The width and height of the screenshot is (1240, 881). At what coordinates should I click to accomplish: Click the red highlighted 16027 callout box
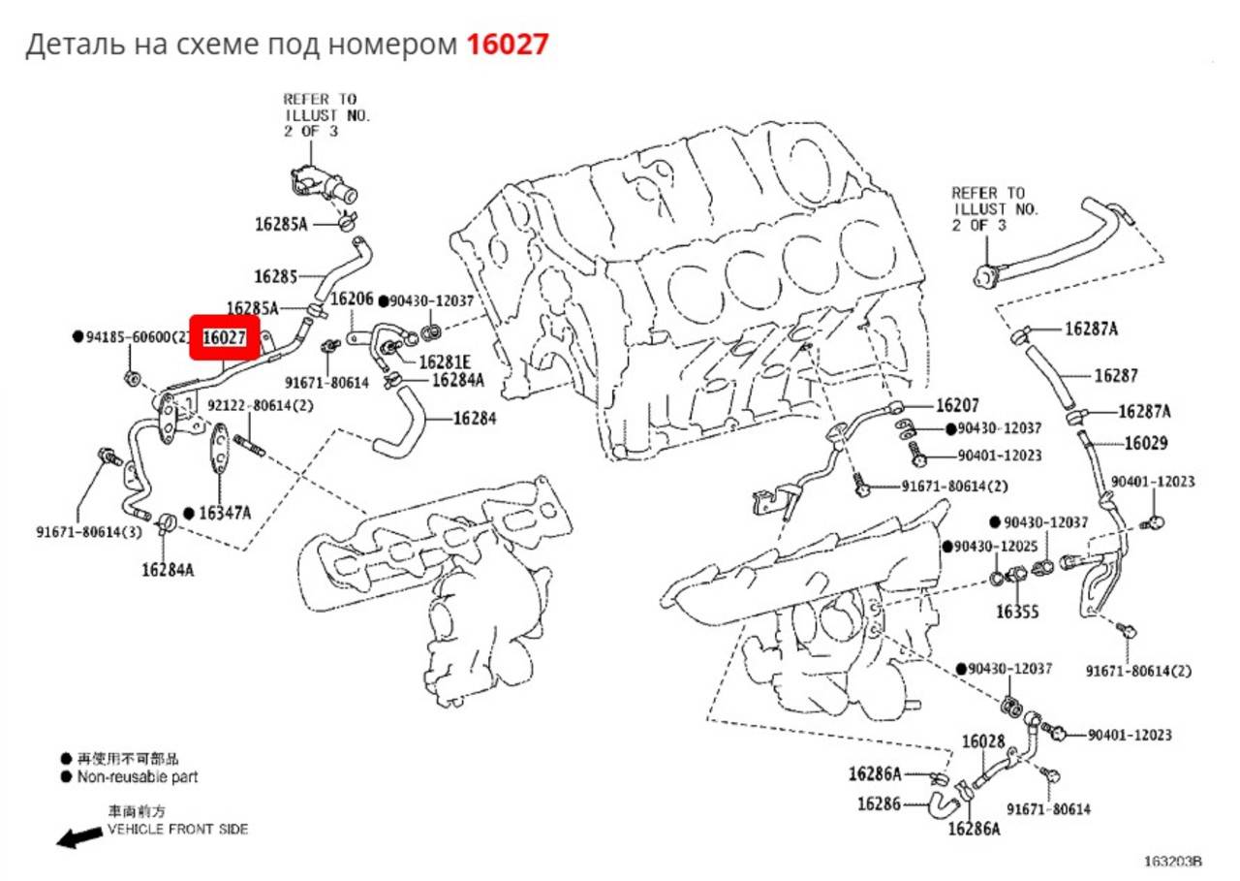pos(225,338)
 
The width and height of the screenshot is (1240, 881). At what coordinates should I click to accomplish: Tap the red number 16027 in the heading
pos(508,45)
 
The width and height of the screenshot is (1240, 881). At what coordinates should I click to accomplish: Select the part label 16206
pos(352,299)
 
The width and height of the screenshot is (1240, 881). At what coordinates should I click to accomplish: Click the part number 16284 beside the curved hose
pos(475,419)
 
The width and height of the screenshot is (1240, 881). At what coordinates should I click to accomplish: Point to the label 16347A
pos(225,514)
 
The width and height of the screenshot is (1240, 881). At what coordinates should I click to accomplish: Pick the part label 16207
pos(957,406)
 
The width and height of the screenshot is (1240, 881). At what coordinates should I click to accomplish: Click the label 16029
pos(1146,444)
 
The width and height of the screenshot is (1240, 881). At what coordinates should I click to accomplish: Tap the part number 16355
pos(1017,613)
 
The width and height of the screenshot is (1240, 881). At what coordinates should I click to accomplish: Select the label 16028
pos(983,742)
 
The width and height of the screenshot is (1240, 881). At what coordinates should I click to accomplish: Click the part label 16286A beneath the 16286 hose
pos(975,829)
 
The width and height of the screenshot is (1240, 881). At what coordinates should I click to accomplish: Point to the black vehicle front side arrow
pos(79,837)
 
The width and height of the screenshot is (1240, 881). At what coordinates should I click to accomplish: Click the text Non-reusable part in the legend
pos(138,777)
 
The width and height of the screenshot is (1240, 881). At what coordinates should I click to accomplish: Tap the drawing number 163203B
pos(1173,862)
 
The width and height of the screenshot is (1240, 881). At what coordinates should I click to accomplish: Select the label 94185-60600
pos(128,336)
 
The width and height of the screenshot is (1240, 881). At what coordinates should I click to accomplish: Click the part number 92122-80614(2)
pos(261,406)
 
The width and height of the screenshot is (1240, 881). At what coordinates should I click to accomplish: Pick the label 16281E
pos(445,362)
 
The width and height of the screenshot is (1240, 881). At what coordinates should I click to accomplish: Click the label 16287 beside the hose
pos(1116,376)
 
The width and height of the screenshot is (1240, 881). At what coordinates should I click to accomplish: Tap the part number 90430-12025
pos(996,547)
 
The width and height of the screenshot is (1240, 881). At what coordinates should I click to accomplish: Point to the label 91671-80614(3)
pos(89,532)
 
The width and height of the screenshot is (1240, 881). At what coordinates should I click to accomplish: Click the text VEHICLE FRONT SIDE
pos(177,830)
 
